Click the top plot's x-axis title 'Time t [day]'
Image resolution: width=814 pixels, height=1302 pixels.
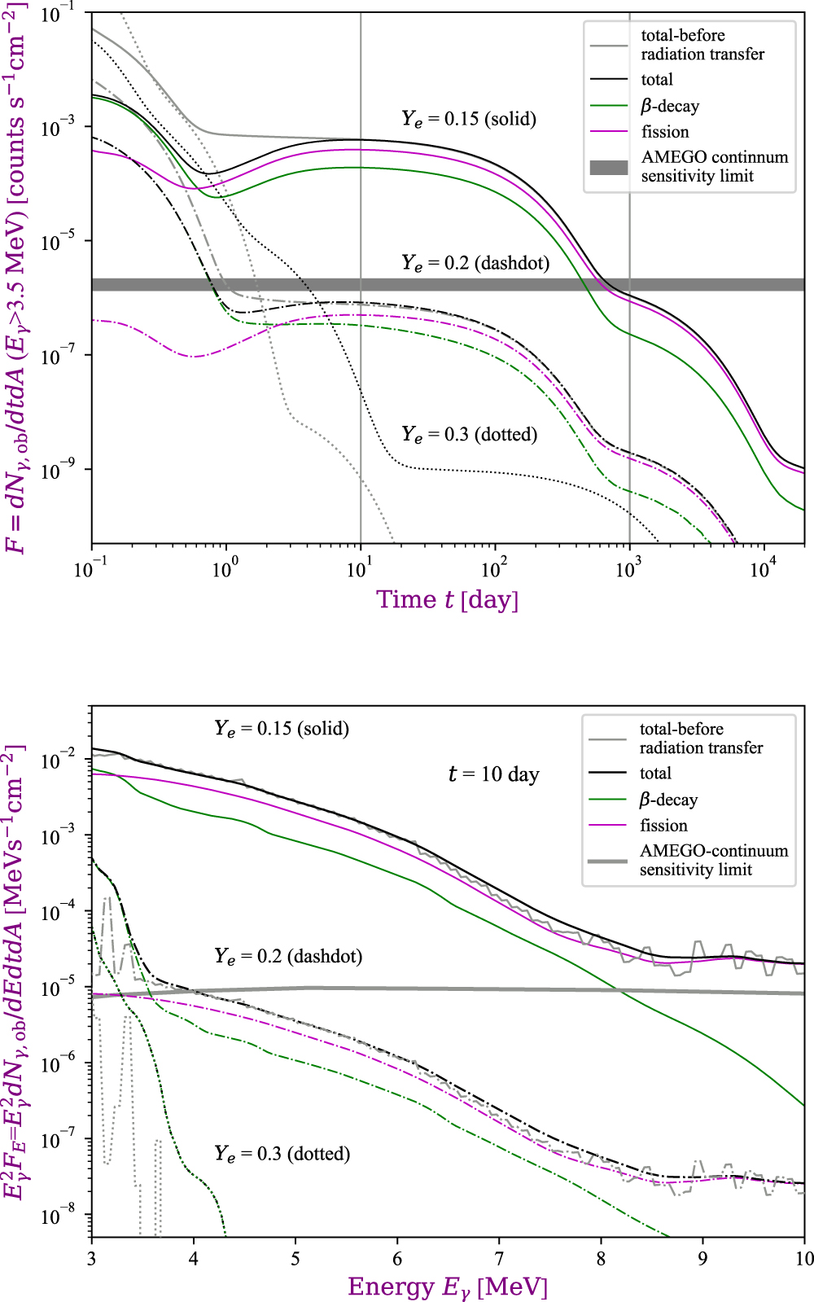(x=447, y=600)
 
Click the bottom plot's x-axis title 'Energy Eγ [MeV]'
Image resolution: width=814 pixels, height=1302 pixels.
(x=448, y=1287)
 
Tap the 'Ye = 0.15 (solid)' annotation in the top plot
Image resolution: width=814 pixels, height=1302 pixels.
(x=469, y=119)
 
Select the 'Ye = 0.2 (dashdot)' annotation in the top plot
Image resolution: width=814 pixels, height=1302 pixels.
(x=475, y=263)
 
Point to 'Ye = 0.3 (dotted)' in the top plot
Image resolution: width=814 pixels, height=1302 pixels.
(x=470, y=434)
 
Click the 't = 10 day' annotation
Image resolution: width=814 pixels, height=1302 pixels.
(x=494, y=774)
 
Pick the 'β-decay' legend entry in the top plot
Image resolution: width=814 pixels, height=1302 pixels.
(x=670, y=106)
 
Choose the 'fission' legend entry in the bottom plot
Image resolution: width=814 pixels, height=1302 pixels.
(x=663, y=825)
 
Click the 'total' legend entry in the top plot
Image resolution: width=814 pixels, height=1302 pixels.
(x=657, y=80)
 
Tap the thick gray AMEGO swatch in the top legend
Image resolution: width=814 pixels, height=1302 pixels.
(x=609, y=168)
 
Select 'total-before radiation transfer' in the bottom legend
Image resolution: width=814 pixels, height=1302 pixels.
(x=701, y=738)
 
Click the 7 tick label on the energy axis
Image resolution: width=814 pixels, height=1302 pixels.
(x=499, y=1259)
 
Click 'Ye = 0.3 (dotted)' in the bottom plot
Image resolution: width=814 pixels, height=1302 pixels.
(x=282, y=1154)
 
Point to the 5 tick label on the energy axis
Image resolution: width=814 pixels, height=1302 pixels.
(x=295, y=1259)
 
